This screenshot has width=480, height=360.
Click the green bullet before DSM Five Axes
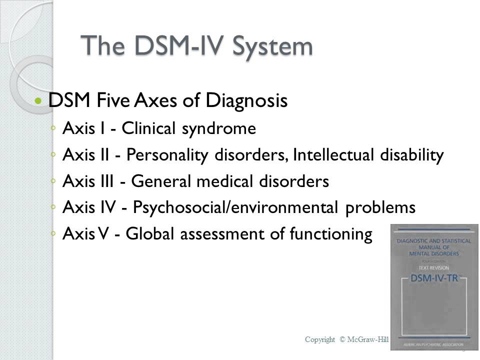[x=38, y=101]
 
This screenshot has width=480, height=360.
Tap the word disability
[x=411, y=155]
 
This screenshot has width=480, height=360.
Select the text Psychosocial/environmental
[x=236, y=207]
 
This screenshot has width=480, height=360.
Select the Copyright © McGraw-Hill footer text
[x=346, y=339]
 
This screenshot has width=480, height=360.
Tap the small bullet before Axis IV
[x=53, y=208]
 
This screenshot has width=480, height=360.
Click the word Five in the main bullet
[x=112, y=101]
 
